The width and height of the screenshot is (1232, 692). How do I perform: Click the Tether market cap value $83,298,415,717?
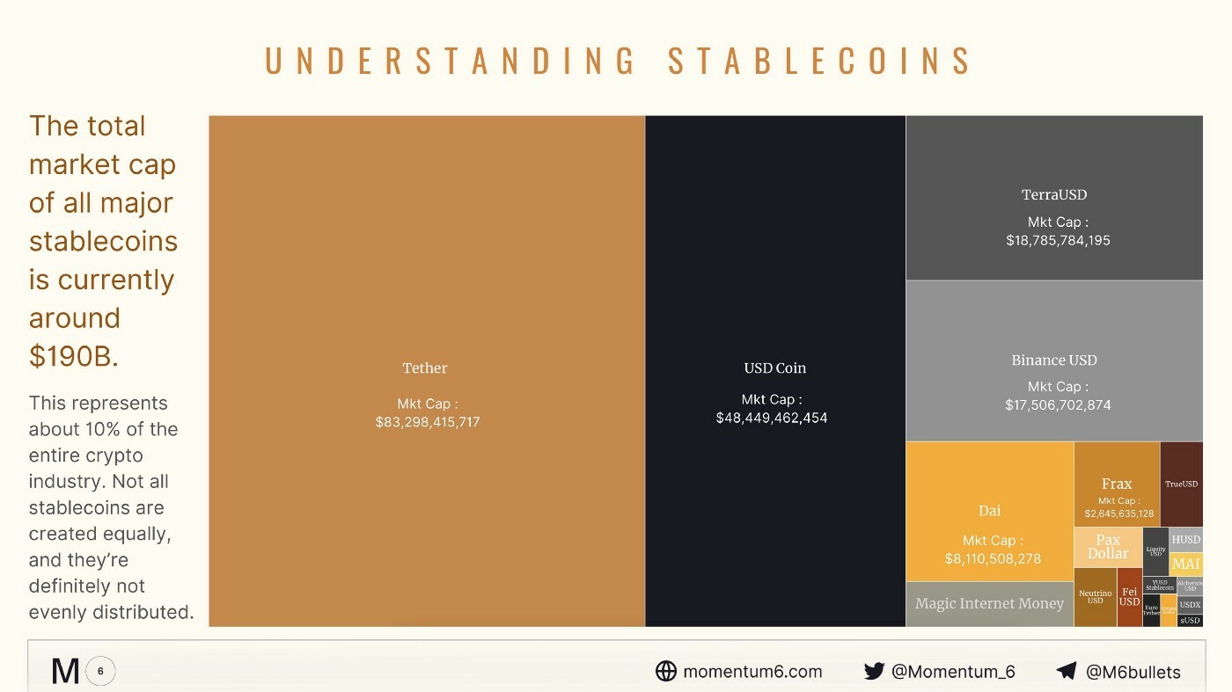click(x=427, y=422)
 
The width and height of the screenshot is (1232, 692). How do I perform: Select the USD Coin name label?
click(x=774, y=368)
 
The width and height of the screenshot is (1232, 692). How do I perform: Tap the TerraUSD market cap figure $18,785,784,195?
click(x=1058, y=240)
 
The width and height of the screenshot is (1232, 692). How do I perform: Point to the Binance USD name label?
click(x=1054, y=361)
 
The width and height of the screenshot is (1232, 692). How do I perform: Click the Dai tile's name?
click(x=989, y=511)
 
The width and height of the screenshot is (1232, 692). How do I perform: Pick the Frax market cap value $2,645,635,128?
click(x=1118, y=514)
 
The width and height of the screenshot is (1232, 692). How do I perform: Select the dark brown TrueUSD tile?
click(x=1181, y=484)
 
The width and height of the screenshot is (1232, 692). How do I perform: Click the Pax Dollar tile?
click(x=1107, y=547)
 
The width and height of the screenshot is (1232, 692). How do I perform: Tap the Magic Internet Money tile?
click(x=989, y=604)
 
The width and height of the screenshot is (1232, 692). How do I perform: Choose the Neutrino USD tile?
click(x=1095, y=597)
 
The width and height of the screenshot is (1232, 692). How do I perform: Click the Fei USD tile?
click(x=1129, y=597)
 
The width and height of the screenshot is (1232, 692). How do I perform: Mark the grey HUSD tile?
click(x=1185, y=540)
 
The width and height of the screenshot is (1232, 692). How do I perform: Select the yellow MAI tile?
click(x=1185, y=564)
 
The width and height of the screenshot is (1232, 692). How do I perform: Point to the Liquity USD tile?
click(x=1155, y=551)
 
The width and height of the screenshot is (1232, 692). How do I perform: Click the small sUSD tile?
click(x=1190, y=621)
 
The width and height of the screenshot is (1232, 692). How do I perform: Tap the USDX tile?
click(x=1190, y=605)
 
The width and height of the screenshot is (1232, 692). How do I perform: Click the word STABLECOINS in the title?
click(x=819, y=62)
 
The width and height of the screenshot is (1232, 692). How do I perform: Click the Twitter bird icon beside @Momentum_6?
click(x=874, y=672)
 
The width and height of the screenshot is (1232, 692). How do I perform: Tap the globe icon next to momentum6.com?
click(x=666, y=672)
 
